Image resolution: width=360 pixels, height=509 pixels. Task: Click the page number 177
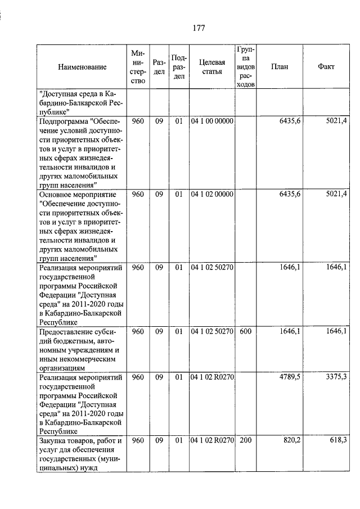(197, 28)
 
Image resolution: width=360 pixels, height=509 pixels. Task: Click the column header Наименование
(82, 67)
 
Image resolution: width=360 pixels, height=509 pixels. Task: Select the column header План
(280, 66)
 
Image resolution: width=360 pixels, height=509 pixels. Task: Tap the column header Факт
(326, 66)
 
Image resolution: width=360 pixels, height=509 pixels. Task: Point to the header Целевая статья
(212, 66)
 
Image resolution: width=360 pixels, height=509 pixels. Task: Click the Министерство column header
(138, 66)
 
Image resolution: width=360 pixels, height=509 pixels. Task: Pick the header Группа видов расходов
(245, 66)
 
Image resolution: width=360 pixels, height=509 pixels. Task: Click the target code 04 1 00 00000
(212, 121)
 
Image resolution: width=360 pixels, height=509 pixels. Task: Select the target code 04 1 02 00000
(212, 194)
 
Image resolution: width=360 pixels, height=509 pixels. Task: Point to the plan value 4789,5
(289, 376)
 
